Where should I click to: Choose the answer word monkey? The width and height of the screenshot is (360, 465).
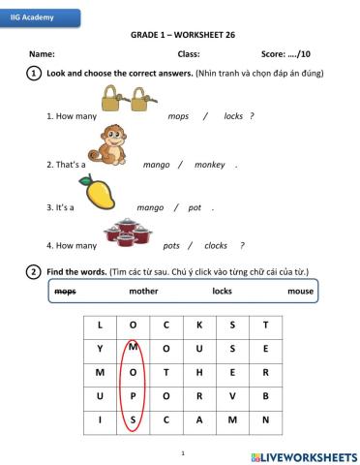209,165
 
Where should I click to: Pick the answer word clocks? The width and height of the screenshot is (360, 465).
216,245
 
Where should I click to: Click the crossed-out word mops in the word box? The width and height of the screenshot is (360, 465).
65,291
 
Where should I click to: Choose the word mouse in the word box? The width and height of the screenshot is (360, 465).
300,291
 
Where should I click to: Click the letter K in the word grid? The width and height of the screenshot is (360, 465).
198,325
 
